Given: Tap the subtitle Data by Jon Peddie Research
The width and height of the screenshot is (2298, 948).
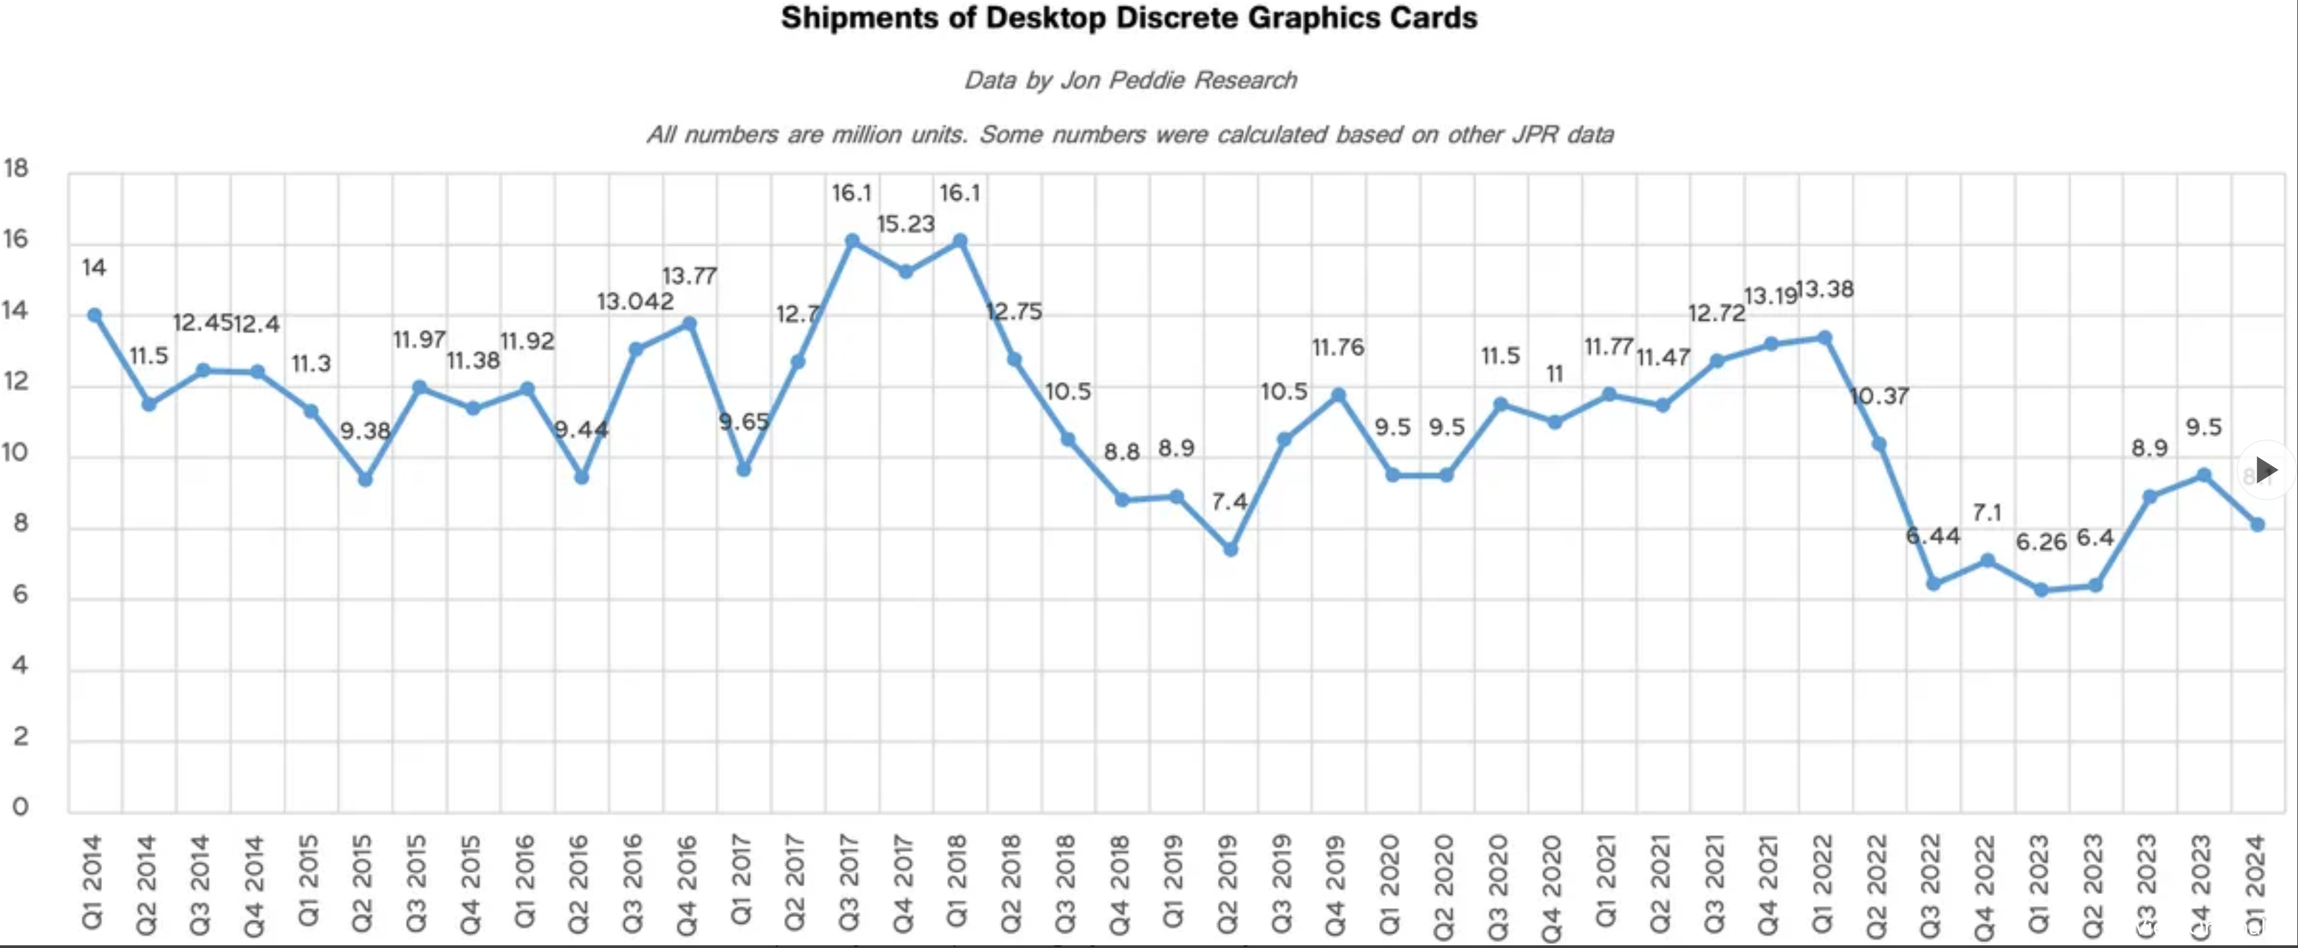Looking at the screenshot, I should (1129, 80).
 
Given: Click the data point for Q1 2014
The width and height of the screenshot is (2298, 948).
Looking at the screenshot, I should (95, 315).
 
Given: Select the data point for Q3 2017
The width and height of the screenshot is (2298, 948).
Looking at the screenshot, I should (852, 241).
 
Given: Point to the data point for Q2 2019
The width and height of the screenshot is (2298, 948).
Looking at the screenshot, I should (1230, 549).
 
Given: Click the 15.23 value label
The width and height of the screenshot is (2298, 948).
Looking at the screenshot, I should (905, 224).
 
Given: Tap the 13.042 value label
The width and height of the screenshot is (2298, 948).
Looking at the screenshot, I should (635, 302).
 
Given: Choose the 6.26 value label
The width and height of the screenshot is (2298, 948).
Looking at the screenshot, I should (2041, 542).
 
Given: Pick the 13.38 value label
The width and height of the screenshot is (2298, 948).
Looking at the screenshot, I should (1824, 289).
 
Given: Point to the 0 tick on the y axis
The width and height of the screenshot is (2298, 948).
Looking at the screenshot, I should (20, 807).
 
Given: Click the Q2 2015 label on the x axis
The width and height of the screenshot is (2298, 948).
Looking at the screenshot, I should (362, 884).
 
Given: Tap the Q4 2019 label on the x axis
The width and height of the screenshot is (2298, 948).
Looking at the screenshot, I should (1335, 884).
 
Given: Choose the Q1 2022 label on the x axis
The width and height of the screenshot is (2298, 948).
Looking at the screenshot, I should (1822, 884).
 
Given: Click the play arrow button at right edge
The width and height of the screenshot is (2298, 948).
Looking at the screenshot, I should (2265, 469).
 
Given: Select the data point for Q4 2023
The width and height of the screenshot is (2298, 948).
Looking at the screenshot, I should (2203, 475).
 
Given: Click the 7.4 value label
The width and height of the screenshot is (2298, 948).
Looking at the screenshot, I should (1229, 502).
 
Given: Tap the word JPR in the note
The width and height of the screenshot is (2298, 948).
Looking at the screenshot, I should (1535, 135).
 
